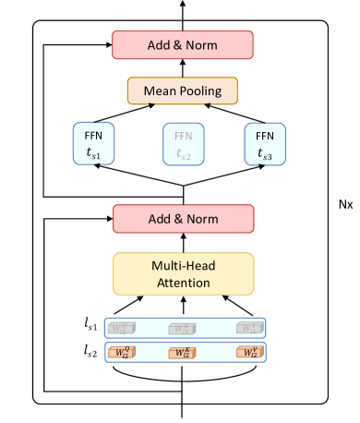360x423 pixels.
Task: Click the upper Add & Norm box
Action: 182,43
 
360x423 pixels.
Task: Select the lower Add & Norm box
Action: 182,219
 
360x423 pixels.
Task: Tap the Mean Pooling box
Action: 182,90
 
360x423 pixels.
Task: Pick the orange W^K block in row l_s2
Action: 183,352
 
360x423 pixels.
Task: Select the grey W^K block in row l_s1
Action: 183,328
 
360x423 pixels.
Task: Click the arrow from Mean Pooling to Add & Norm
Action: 182,66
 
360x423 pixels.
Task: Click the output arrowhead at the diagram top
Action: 182,5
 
